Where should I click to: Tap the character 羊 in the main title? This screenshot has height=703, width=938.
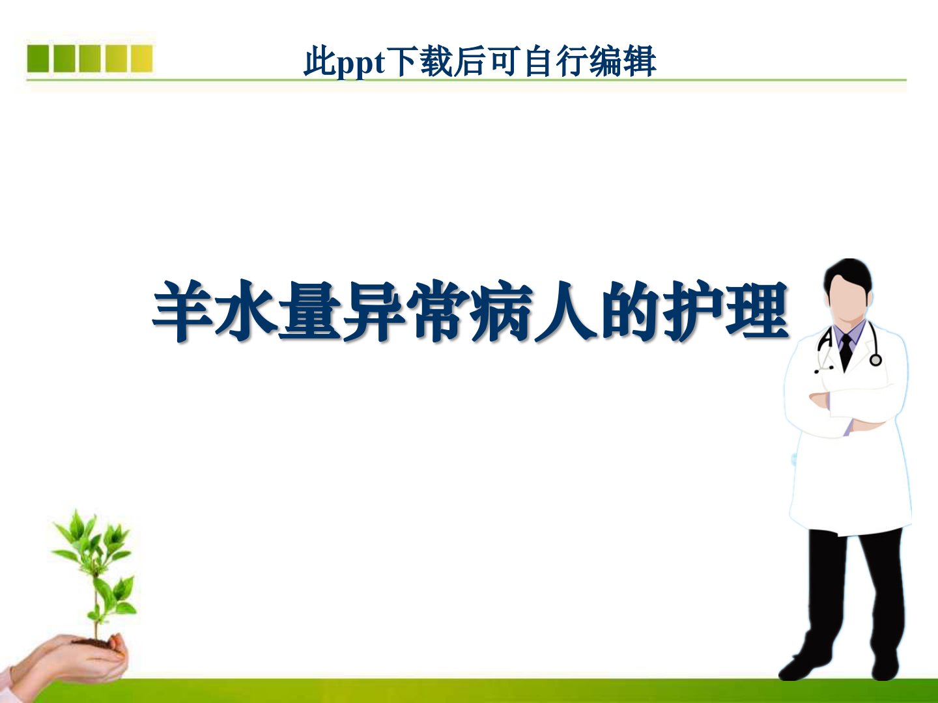(x=182, y=310)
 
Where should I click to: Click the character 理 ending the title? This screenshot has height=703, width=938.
(x=757, y=310)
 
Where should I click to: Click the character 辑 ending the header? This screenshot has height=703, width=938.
(x=640, y=62)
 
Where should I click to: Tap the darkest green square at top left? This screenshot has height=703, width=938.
(x=38, y=59)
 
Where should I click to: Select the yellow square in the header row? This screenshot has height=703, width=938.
(x=141, y=59)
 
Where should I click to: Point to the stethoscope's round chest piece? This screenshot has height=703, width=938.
(x=875, y=360)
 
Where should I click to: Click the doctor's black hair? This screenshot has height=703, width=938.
(x=848, y=273)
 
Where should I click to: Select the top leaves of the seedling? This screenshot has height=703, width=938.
(x=92, y=534)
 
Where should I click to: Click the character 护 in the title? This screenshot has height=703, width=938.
(x=693, y=310)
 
